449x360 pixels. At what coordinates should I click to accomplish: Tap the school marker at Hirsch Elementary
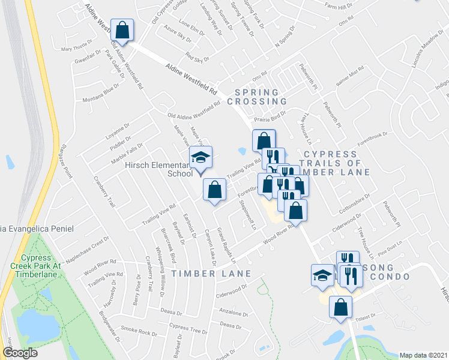tap(201, 158)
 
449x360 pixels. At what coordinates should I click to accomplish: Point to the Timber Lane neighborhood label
tap(203, 274)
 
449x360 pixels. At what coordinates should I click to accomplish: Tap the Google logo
tap(20, 353)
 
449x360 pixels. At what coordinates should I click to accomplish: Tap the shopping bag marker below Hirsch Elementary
tap(214, 190)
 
